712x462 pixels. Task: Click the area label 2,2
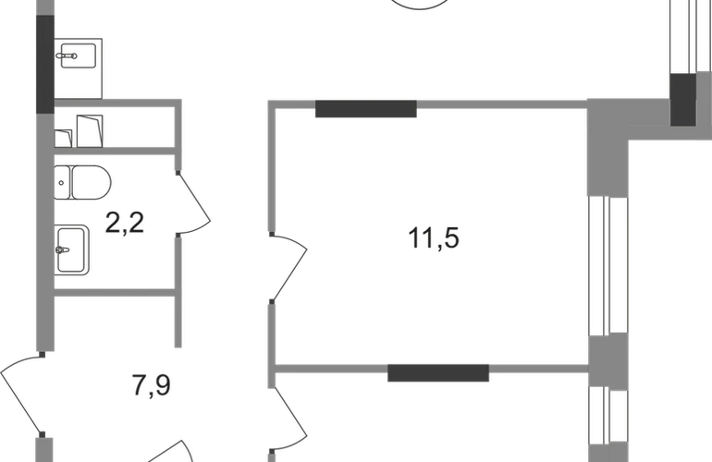(125, 223)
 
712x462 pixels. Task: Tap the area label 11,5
(434, 238)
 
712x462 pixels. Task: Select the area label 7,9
(152, 385)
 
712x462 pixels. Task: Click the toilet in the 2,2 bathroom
(82, 182)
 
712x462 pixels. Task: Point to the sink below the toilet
(72, 249)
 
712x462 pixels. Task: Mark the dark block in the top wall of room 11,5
(366, 109)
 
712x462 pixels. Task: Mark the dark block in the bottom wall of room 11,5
(438, 372)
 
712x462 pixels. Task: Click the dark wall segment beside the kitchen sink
(45, 64)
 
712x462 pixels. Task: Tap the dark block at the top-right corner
(683, 100)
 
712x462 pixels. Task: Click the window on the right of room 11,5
(608, 265)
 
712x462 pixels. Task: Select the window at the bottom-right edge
(608, 415)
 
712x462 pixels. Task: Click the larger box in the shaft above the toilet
(90, 131)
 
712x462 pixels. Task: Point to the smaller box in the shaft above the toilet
(63, 139)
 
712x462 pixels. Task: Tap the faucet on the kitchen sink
(68, 56)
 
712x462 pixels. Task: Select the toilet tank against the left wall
(62, 182)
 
